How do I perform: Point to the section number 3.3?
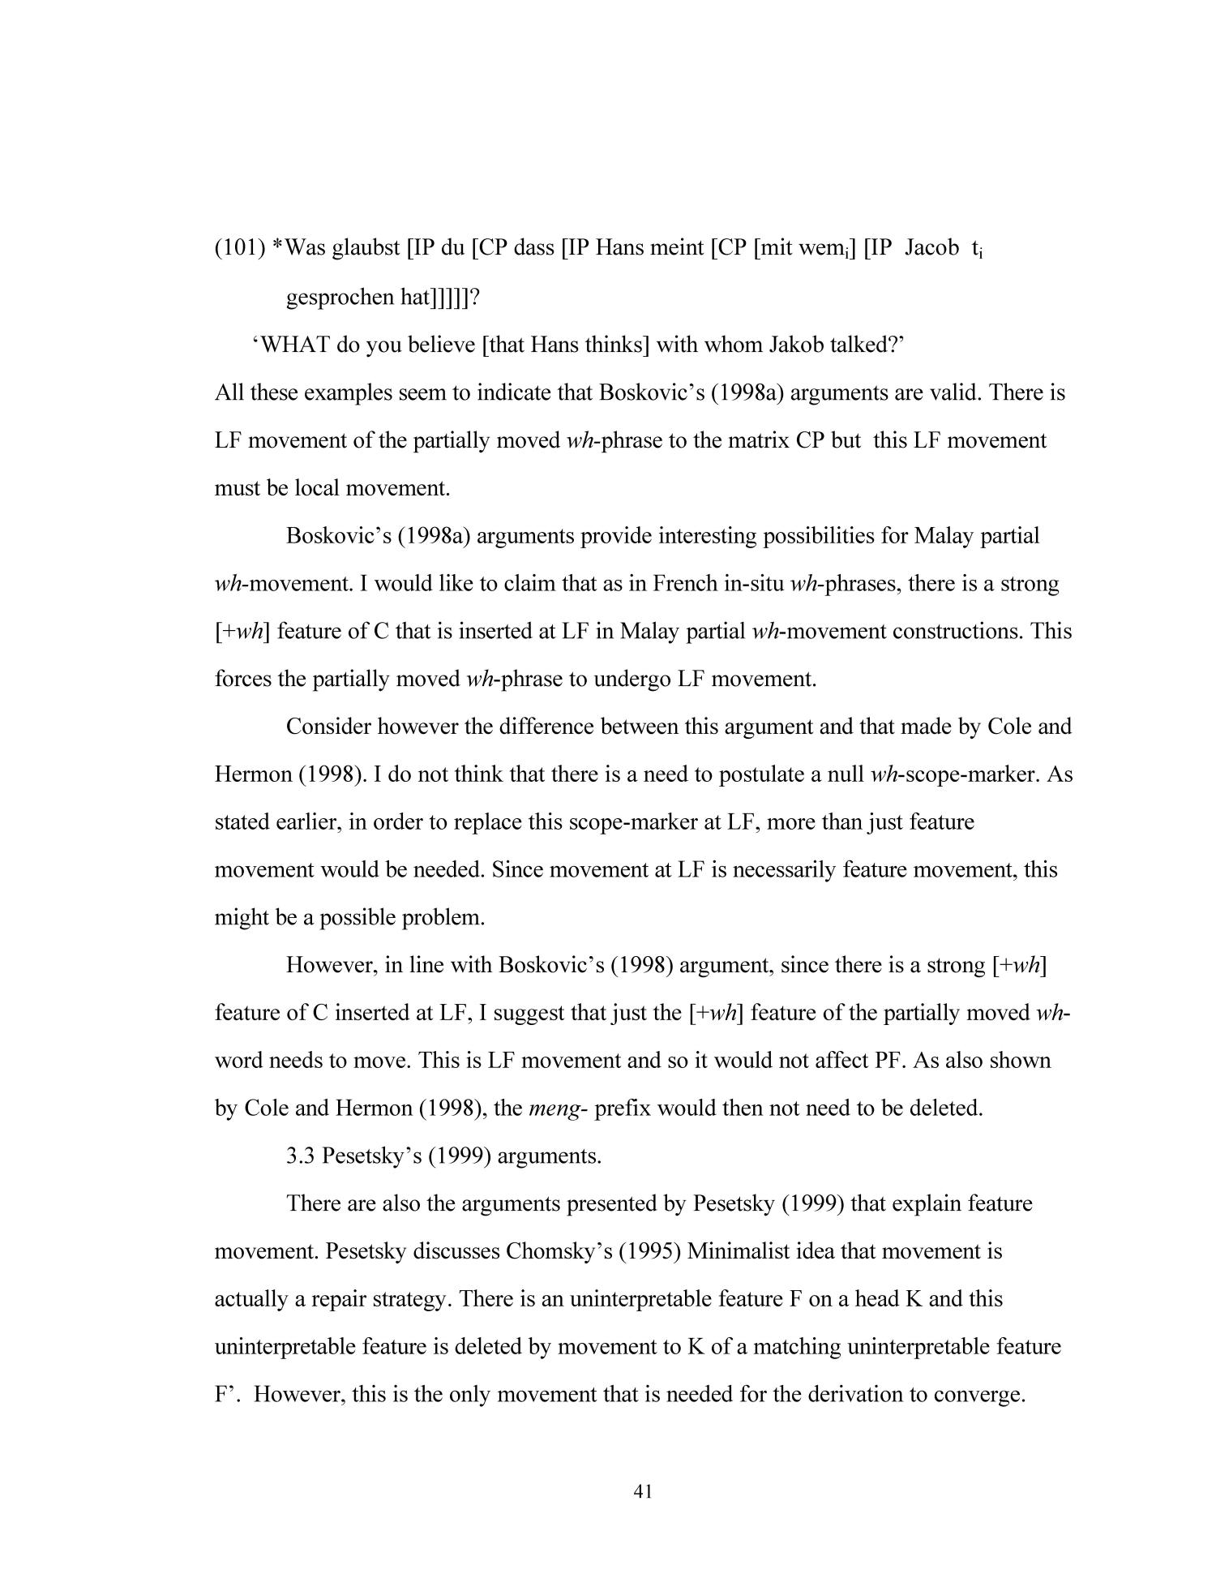pyautogui.click(x=301, y=1156)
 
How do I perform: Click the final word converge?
pyautogui.click(x=980, y=1395)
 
